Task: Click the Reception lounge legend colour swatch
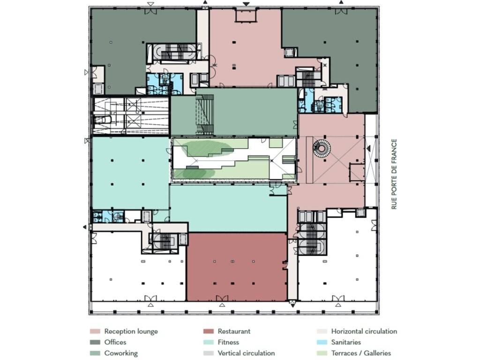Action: pyautogui.click(x=95, y=331)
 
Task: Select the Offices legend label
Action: pyautogui.click(x=115, y=342)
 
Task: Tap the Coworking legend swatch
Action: pyautogui.click(x=95, y=353)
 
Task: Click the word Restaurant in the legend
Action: pyautogui.click(x=234, y=331)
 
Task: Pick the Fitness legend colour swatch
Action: pyautogui.click(x=209, y=342)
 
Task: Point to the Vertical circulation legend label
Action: pyautogui.click(x=246, y=353)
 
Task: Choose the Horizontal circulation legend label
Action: pyautogui.click(x=364, y=331)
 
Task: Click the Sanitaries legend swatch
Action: pyautogui.click(x=322, y=342)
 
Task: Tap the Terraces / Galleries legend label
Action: pyautogui.click(x=361, y=353)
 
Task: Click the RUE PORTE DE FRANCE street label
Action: pyautogui.click(x=394, y=174)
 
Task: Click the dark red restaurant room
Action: pyautogui.click(x=237, y=267)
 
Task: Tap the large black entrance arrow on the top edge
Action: pyautogui.click(x=246, y=4)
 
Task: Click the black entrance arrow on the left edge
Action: pyautogui.click(x=85, y=227)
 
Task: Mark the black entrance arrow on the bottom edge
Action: pyautogui.click(x=292, y=305)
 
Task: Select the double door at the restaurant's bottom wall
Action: pyautogui.click(x=222, y=298)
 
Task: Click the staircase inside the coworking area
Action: pyautogui.click(x=204, y=114)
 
